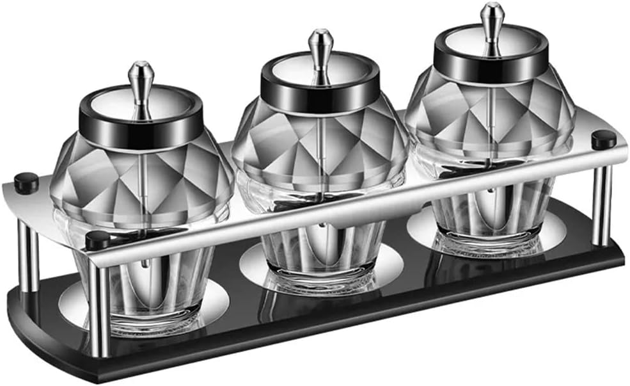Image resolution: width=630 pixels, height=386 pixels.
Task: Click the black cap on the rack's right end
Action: [x=603, y=140]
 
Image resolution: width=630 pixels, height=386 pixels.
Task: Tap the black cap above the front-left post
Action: [x=98, y=241]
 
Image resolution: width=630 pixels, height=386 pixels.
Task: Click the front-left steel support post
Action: [x=99, y=307]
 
